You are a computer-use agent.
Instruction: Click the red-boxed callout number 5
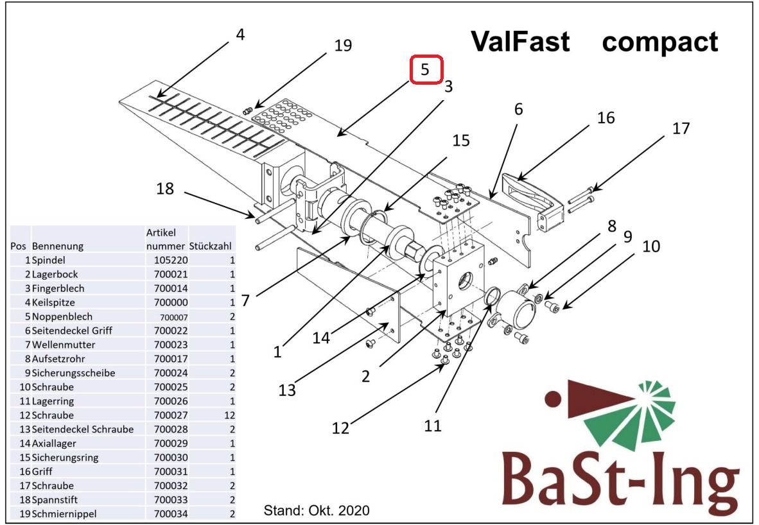[424, 70]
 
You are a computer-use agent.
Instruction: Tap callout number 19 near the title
[343, 45]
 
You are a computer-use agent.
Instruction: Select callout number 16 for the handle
[606, 117]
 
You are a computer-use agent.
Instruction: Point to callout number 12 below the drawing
[340, 428]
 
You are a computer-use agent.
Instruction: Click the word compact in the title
[659, 42]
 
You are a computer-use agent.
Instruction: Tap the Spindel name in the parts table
[48, 261]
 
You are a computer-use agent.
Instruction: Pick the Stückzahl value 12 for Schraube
[229, 415]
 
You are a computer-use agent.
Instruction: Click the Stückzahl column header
[210, 246]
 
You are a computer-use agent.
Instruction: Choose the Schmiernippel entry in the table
[64, 513]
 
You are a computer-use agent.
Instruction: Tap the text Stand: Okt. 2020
[317, 510]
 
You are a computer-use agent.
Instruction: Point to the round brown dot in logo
[554, 399]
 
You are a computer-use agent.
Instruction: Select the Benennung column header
[58, 246]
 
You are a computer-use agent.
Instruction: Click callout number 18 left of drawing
[165, 188]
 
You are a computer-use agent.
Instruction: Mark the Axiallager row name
[54, 443]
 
